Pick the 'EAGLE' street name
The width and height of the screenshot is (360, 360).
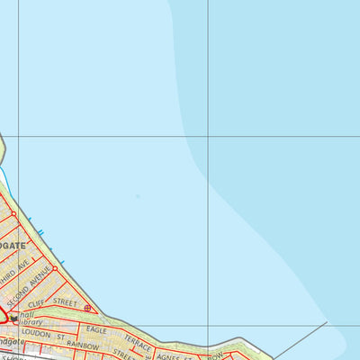point(96,329)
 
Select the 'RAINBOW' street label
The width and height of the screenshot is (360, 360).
point(82,346)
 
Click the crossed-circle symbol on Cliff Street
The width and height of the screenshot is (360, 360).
point(87,308)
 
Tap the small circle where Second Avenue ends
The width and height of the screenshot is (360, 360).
point(55,267)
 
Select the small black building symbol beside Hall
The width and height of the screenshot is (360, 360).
point(14,318)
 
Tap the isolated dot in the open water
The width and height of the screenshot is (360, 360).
point(138,195)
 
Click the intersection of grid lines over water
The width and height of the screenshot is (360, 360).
point(209,137)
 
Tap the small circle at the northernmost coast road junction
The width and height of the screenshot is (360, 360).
point(13,214)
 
